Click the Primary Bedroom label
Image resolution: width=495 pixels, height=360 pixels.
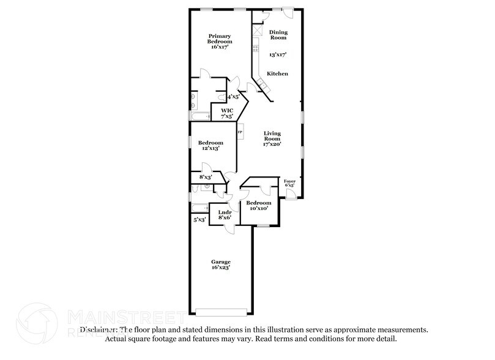click(220, 41)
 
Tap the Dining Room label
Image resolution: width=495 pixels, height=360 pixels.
click(278, 35)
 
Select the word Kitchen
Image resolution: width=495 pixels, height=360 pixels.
click(277, 73)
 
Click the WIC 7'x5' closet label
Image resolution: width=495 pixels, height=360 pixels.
click(227, 113)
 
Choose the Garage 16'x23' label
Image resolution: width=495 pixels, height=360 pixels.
click(221, 264)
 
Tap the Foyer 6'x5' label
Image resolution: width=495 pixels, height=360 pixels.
click(289, 184)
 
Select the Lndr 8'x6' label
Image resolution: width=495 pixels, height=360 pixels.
click(224, 214)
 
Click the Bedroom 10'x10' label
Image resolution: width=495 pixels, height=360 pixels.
click(259, 206)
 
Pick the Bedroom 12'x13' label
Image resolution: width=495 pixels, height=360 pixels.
click(210, 145)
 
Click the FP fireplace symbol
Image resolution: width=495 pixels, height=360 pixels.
click(240, 132)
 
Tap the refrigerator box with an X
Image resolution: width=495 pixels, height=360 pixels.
click(258, 31)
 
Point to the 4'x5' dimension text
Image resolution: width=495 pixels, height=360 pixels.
click(233, 97)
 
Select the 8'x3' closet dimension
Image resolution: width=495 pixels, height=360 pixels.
click(206, 177)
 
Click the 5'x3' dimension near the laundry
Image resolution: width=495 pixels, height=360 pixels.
click(199, 219)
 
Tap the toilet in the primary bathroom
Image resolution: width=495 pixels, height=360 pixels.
click(193, 97)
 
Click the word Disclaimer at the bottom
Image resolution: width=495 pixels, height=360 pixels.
click(100, 329)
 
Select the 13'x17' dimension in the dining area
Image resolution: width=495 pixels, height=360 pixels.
click(278, 54)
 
